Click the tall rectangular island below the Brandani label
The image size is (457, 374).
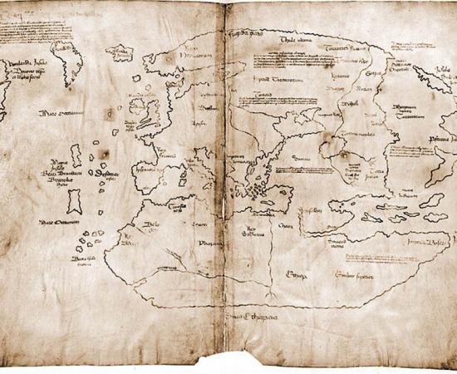[x=75, y=199]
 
